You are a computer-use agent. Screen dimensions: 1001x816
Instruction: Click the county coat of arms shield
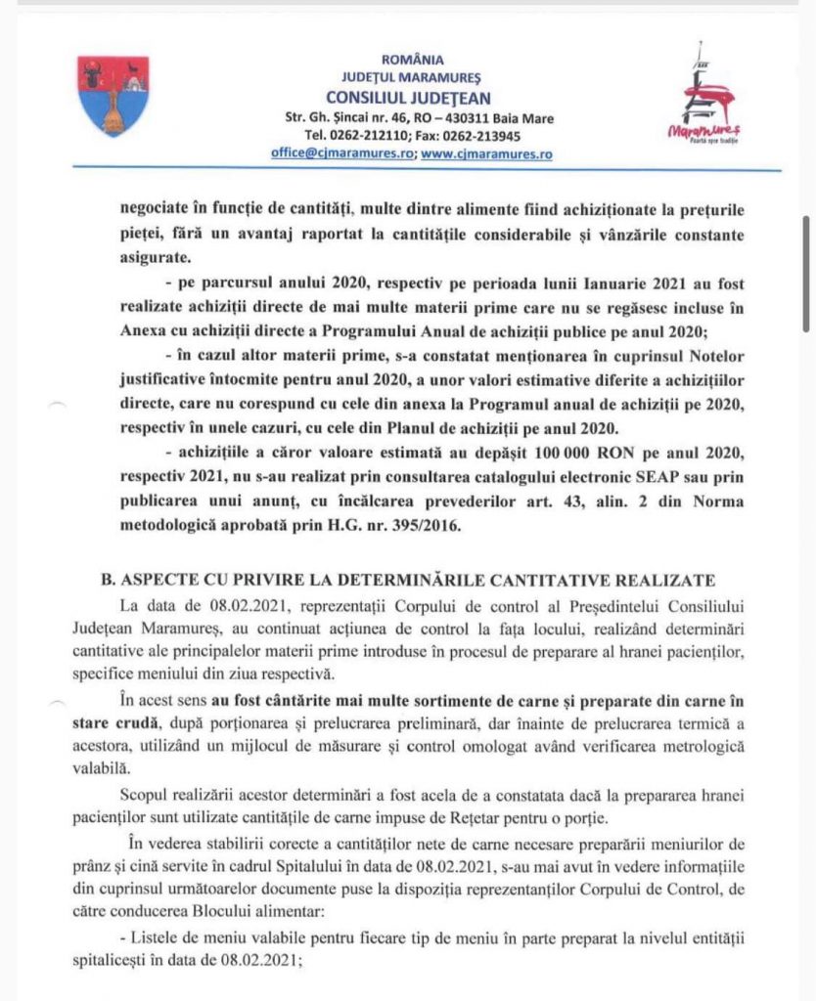click(113, 96)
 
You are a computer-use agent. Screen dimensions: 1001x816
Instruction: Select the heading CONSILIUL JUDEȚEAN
click(408, 98)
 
